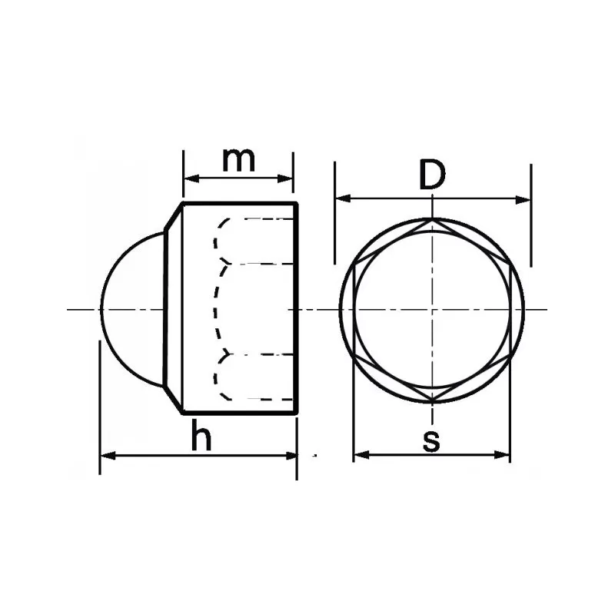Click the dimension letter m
coord(238,161)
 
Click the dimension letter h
coord(201,434)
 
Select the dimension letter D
coord(432,175)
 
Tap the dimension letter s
coord(431,440)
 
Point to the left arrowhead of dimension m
coord(191,179)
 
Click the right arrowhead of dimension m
coord(285,179)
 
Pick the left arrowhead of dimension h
coord(108,455)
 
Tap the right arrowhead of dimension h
coord(290,455)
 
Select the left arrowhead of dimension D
coord(343,198)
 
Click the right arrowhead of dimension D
coord(524,200)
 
